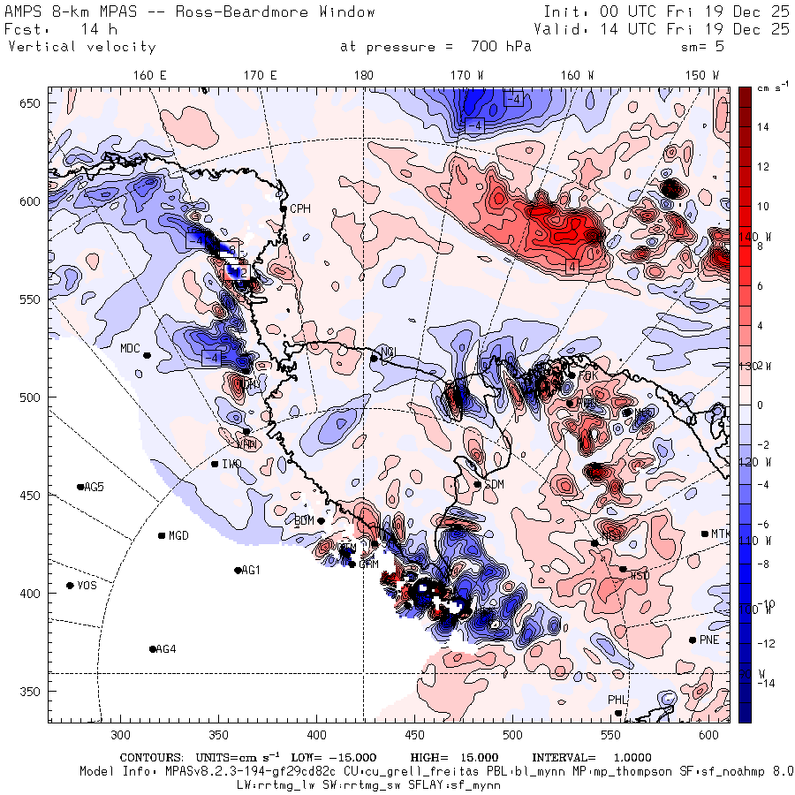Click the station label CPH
pyautogui.click(x=300, y=208)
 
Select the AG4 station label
pyautogui.click(x=165, y=649)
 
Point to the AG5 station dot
pyautogui.click(x=80, y=487)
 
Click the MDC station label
pyautogui.click(x=131, y=348)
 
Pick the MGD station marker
pyautogui.click(x=162, y=535)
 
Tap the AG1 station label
pyautogui.click(x=252, y=571)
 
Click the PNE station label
pyautogui.click(x=709, y=640)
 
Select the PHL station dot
pyautogui.click(x=618, y=713)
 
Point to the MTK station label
pyautogui.click(x=721, y=534)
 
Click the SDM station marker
pyautogui.click(x=478, y=484)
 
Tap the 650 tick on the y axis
pyautogui.click(x=32, y=104)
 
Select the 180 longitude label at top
pyautogui.click(x=363, y=76)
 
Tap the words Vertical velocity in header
pyautogui.click(x=81, y=47)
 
